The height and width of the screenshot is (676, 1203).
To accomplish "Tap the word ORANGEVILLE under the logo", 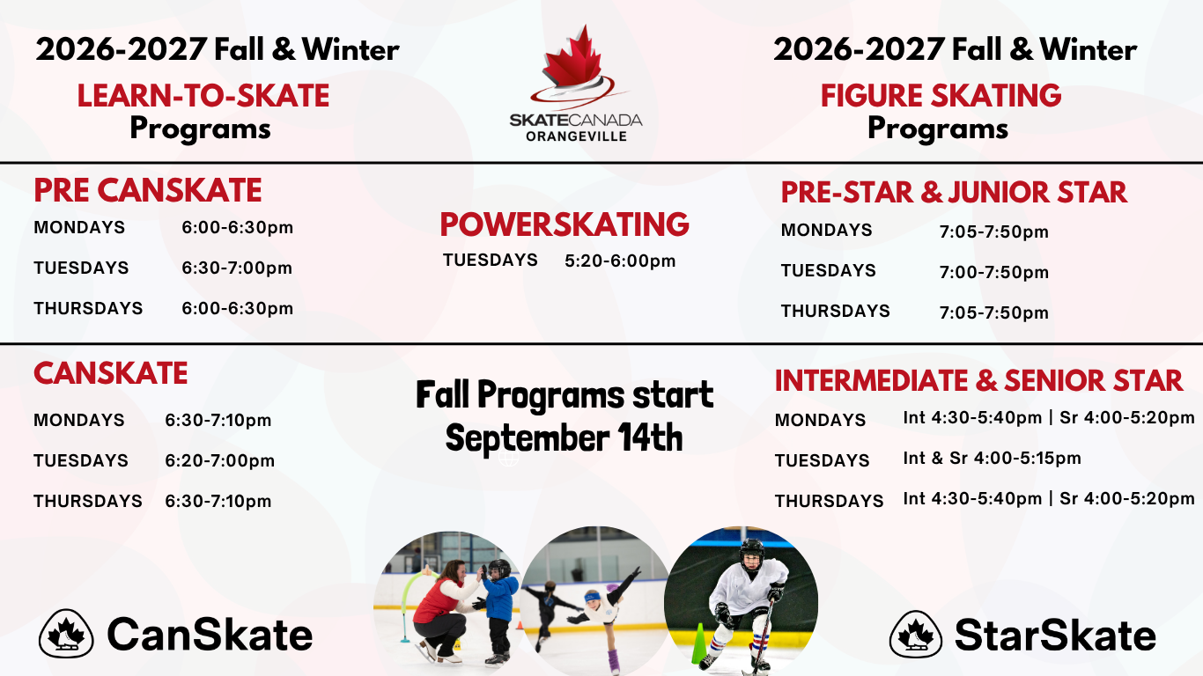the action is pos(576,136).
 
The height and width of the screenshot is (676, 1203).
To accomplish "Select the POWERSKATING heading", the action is pos(565,224).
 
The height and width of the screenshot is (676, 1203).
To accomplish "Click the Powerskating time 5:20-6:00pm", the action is pos(620,261).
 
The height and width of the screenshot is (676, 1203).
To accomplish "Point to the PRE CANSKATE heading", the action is pos(148,190).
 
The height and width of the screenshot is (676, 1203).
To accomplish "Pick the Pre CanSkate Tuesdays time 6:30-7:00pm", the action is pos(237,268).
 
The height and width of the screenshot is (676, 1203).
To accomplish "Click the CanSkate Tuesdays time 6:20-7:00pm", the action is pos(219,460).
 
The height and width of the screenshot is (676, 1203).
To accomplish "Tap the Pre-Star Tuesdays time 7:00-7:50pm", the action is pos(993,272).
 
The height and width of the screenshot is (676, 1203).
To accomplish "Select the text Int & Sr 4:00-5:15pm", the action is pos(992,458).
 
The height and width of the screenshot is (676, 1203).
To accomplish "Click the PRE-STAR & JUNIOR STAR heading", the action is pos(954,192).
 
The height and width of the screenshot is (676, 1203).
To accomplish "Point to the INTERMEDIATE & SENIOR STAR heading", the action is pos(978,380).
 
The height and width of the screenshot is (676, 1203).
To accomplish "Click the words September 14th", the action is pos(564,437).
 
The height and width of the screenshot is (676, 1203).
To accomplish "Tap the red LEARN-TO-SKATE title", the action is pos(203,96).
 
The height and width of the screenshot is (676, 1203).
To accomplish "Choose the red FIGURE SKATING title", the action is pos(941,96).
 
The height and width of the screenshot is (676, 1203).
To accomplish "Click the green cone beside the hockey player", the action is pos(698,643).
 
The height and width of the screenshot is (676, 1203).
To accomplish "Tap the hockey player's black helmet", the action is pos(752,553).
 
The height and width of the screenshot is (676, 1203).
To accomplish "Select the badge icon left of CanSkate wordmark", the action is pos(66,634).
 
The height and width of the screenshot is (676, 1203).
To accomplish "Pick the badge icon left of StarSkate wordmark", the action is pos(916,634).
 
